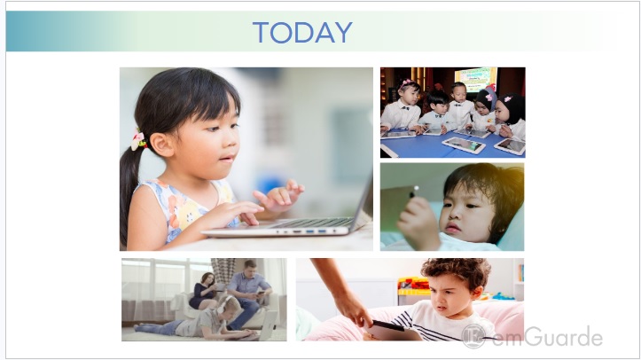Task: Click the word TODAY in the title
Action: (x=302, y=32)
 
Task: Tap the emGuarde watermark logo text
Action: (x=547, y=337)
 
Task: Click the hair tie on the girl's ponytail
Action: (x=139, y=140)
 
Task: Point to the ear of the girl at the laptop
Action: (x=162, y=145)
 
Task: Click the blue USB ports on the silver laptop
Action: (x=316, y=231)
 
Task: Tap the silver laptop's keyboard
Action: (x=313, y=223)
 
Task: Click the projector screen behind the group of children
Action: (x=475, y=78)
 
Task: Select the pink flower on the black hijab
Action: (x=508, y=99)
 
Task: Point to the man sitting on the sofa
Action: (x=249, y=293)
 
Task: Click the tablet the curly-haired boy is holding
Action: (x=392, y=331)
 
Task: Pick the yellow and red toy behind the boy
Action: (x=413, y=286)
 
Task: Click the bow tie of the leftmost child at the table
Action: (x=405, y=108)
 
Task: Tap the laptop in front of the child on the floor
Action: (x=268, y=325)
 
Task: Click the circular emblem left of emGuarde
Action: (x=473, y=336)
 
